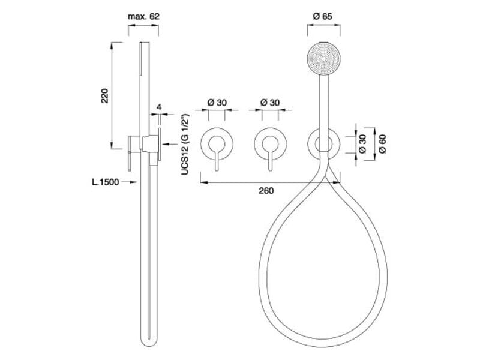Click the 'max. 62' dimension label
[143, 16]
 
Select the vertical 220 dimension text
[104, 96]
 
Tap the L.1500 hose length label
[106, 182]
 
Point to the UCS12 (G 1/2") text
[185, 145]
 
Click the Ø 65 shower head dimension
[323, 16]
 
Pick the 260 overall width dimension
[266, 191]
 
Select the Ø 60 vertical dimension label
[382, 144]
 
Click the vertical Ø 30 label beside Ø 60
[362, 144]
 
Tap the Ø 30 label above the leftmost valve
[217, 103]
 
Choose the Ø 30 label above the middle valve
[270, 103]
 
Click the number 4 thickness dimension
[158, 107]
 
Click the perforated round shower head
[323, 58]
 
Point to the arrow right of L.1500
[129, 182]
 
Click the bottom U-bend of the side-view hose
[149, 340]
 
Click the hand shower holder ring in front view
[323, 143]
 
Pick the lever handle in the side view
[130, 153]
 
